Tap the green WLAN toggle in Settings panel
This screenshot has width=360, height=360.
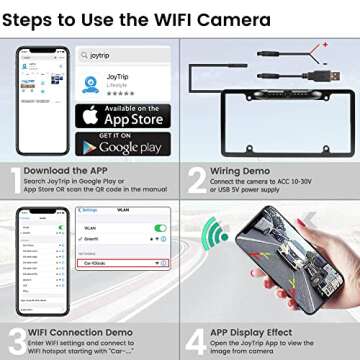point(159,227)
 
